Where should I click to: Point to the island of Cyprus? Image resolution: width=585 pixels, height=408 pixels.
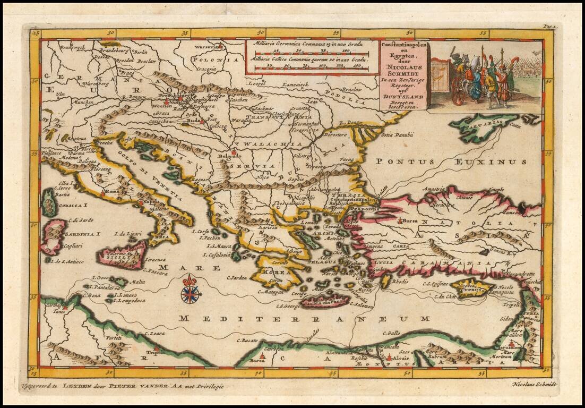[x=471, y=289]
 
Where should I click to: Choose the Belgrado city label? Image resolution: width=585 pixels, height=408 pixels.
[x=230, y=157]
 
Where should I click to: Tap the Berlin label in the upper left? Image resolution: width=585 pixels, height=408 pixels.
[x=140, y=52]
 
